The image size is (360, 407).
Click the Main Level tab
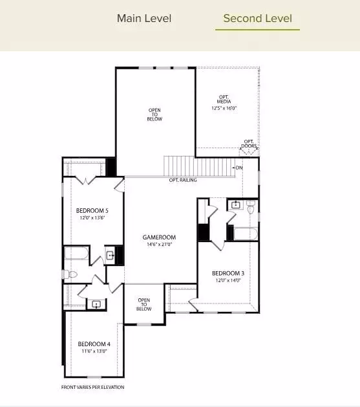pyautogui.click(x=144, y=18)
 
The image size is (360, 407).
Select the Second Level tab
pyautogui.click(x=257, y=18)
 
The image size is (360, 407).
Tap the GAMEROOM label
pyautogui.click(x=159, y=237)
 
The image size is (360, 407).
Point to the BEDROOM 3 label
pyautogui.click(x=228, y=273)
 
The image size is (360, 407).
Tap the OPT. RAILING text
pyautogui.click(x=183, y=180)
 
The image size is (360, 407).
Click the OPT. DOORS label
pyautogui.click(x=249, y=144)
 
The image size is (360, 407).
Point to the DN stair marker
pyautogui.click(x=239, y=168)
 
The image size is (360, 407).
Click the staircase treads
pyautogui.click(x=198, y=166)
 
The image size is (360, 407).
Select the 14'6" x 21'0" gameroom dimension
pyautogui.click(x=159, y=245)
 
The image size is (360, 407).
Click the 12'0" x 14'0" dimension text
pyautogui.click(x=228, y=281)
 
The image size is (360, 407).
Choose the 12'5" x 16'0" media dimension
pyautogui.click(x=224, y=109)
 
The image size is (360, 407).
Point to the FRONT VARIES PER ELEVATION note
pyautogui.click(x=92, y=388)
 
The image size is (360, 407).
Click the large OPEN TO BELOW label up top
pyautogui.click(x=155, y=115)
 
